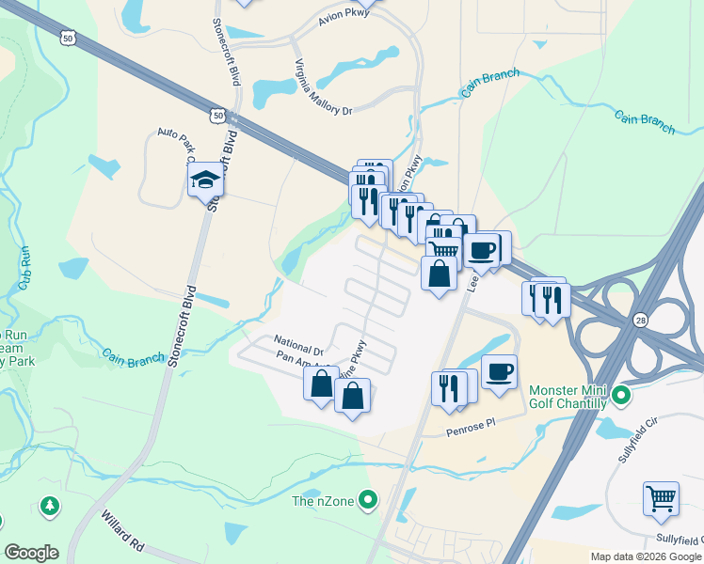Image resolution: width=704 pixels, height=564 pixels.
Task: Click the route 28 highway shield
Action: pos(640,320)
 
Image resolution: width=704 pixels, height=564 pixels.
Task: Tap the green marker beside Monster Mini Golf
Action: pos(620,396)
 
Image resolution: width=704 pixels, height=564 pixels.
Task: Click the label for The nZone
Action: pos(322,500)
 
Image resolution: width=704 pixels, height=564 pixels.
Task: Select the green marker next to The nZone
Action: pos(368,500)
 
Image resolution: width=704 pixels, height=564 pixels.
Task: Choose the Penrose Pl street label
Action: pos(470,429)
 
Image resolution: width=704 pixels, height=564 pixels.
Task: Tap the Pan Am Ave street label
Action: pos(296,360)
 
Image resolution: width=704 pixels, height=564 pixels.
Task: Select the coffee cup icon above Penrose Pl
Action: pos(499,370)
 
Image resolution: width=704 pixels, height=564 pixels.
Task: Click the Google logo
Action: pos(31,553)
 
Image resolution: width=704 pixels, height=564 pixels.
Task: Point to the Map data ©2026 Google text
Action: pos(646,556)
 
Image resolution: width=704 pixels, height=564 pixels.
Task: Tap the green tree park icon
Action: pos(48,508)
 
